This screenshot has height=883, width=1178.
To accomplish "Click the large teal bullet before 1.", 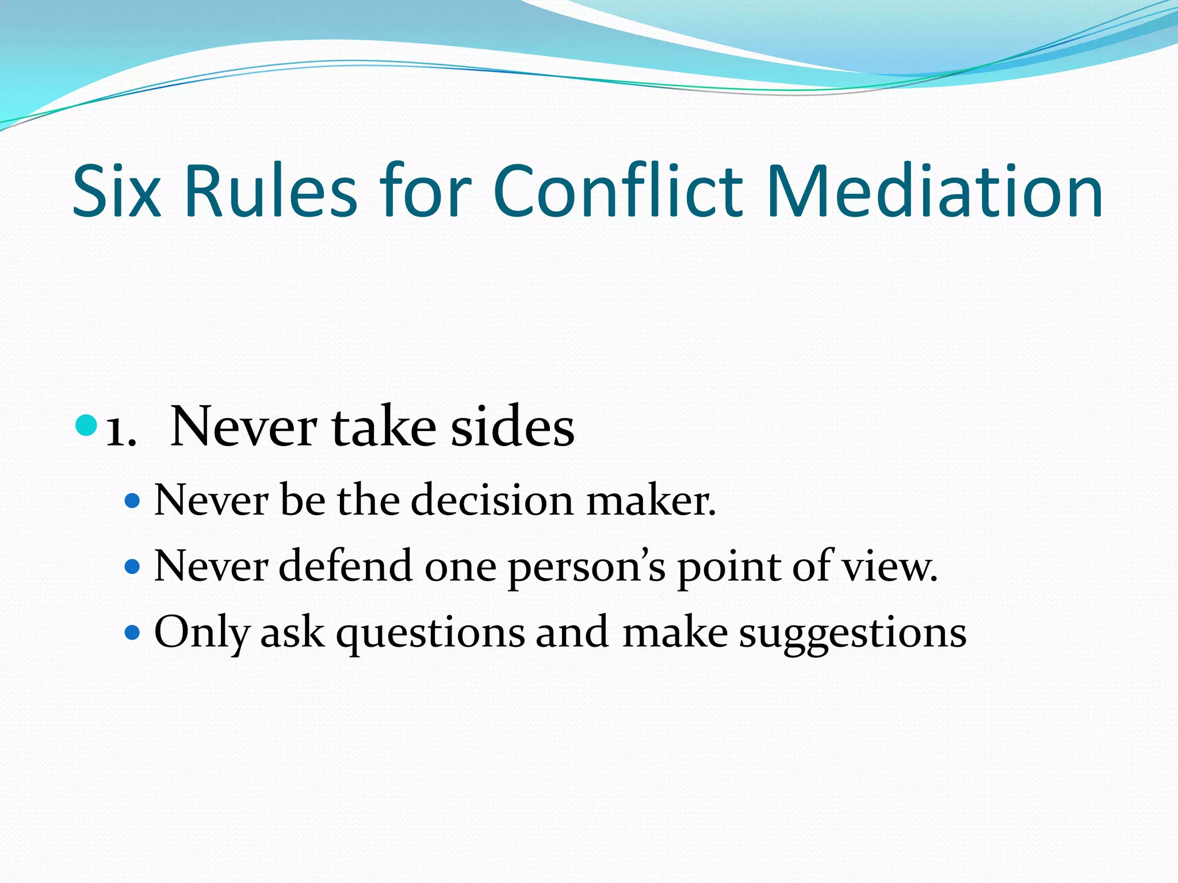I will [86, 425].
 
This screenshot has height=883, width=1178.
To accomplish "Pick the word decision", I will [492, 500].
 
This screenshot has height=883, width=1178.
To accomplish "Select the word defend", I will [346, 566].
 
